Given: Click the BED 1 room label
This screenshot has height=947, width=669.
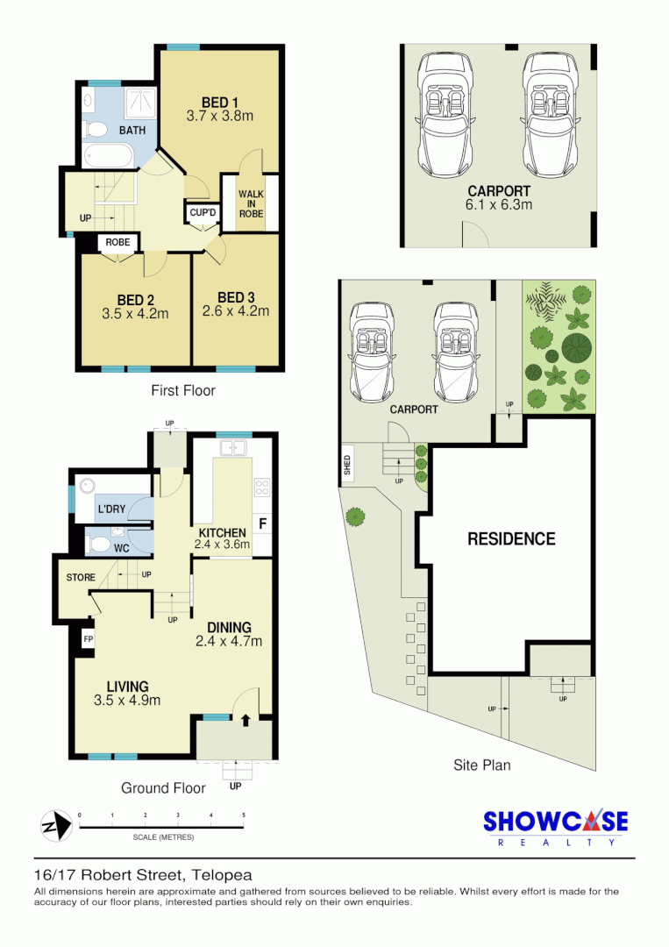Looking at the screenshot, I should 220,100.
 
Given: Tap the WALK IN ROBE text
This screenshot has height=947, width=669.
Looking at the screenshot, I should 251,203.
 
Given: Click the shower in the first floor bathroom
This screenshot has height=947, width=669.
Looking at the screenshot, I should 137,103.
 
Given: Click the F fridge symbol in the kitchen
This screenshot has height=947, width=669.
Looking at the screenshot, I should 262,525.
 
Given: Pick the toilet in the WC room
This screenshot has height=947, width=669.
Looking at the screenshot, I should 100,545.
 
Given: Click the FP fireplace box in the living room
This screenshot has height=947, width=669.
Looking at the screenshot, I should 88,640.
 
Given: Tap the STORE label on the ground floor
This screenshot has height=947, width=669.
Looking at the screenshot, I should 81,578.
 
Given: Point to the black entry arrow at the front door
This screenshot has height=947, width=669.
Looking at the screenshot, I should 246,721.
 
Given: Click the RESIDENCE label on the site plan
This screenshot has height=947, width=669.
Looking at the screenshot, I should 510,539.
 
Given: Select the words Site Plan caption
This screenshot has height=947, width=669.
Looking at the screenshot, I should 481,765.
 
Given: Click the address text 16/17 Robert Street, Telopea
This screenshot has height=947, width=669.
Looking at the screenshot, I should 143,874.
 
